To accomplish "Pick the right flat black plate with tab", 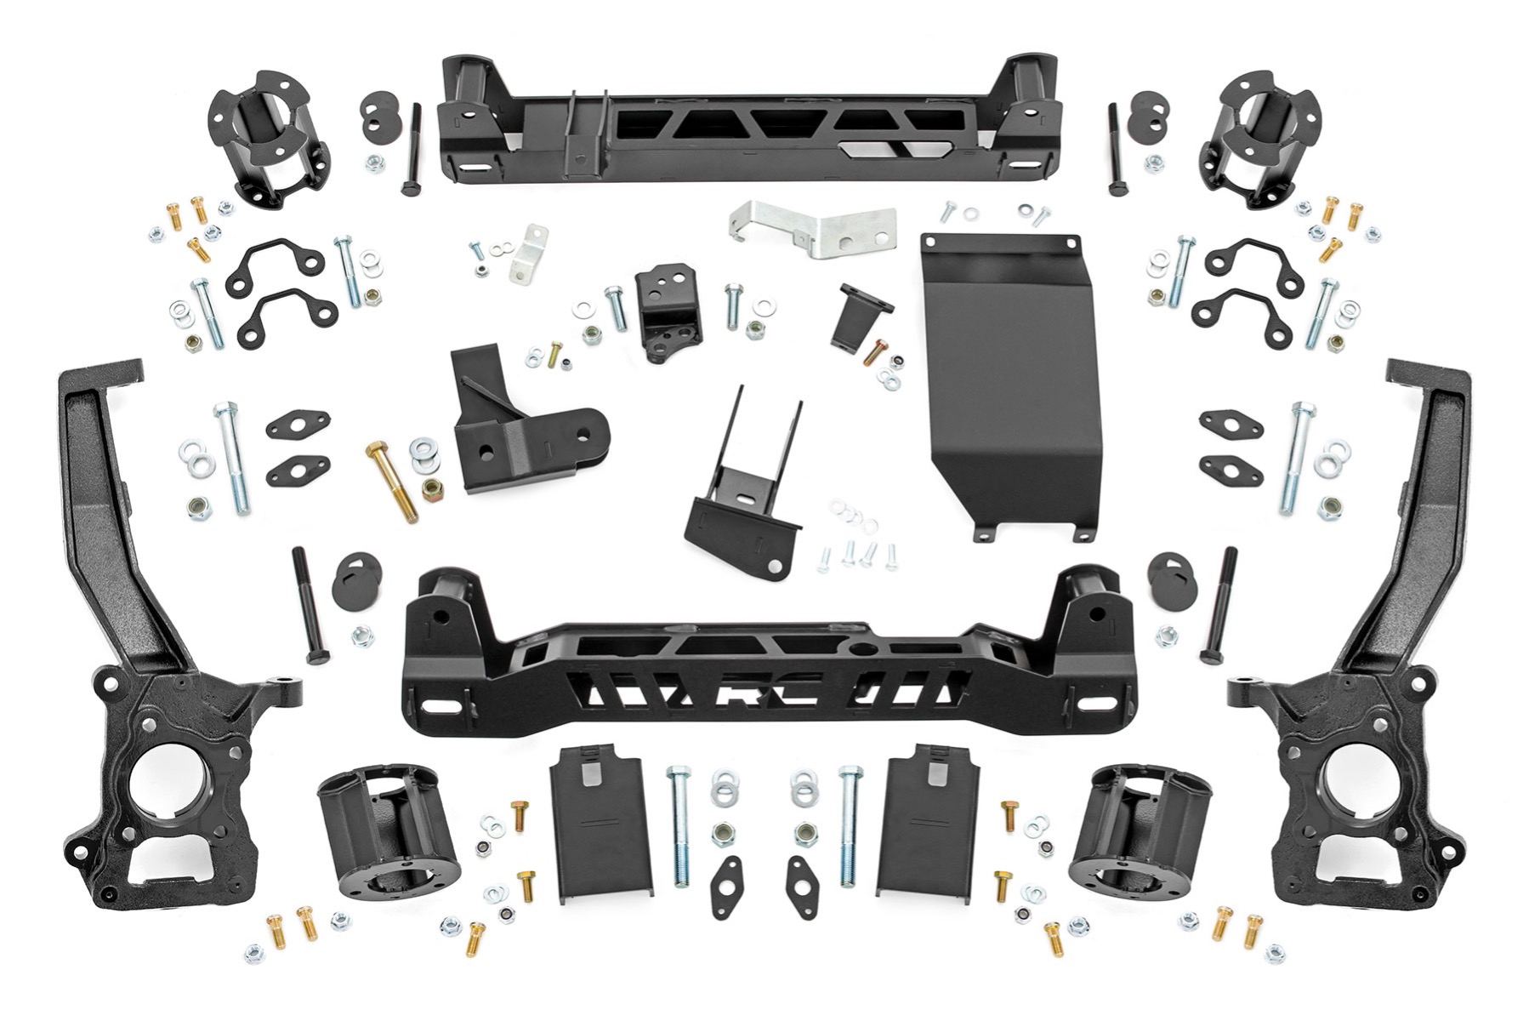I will (x=924, y=821).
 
